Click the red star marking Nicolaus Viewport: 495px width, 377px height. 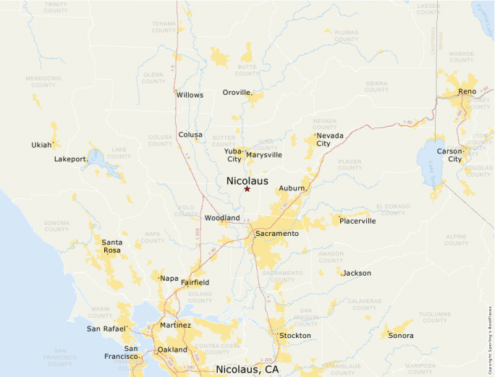(x=247, y=189)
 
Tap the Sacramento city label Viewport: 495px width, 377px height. (x=277, y=234)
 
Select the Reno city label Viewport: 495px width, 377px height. (x=467, y=92)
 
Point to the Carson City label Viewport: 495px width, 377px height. (x=454, y=155)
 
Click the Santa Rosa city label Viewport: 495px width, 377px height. (x=111, y=246)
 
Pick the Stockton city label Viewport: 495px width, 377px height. (x=295, y=336)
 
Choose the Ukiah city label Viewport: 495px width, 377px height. (x=41, y=145)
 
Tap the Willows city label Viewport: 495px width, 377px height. (x=190, y=95)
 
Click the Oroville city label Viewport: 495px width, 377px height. (x=236, y=93)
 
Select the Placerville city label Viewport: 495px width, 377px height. (x=357, y=221)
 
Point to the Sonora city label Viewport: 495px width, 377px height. (x=401, y=336)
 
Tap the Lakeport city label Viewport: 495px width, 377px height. (x=70, y=159)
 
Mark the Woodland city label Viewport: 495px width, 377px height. (x=222, y=218)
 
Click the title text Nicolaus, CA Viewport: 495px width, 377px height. (x=247, y=370)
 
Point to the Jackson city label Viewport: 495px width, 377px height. (x=357, y=274)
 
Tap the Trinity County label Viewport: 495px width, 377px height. (x=56, y=7)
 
